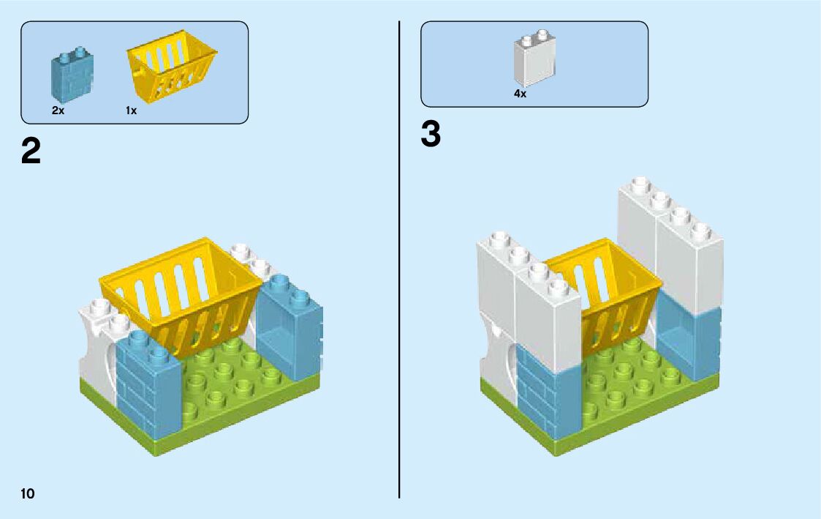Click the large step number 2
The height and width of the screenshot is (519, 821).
tap(31, 152)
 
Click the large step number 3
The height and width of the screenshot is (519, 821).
tap(431, 135)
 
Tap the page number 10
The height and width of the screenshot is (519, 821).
tap(28, 493)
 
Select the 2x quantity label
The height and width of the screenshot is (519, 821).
tap(58, 111)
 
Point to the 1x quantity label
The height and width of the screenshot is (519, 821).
tap(131, 111)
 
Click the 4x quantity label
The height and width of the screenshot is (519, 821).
tap(520, 94)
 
